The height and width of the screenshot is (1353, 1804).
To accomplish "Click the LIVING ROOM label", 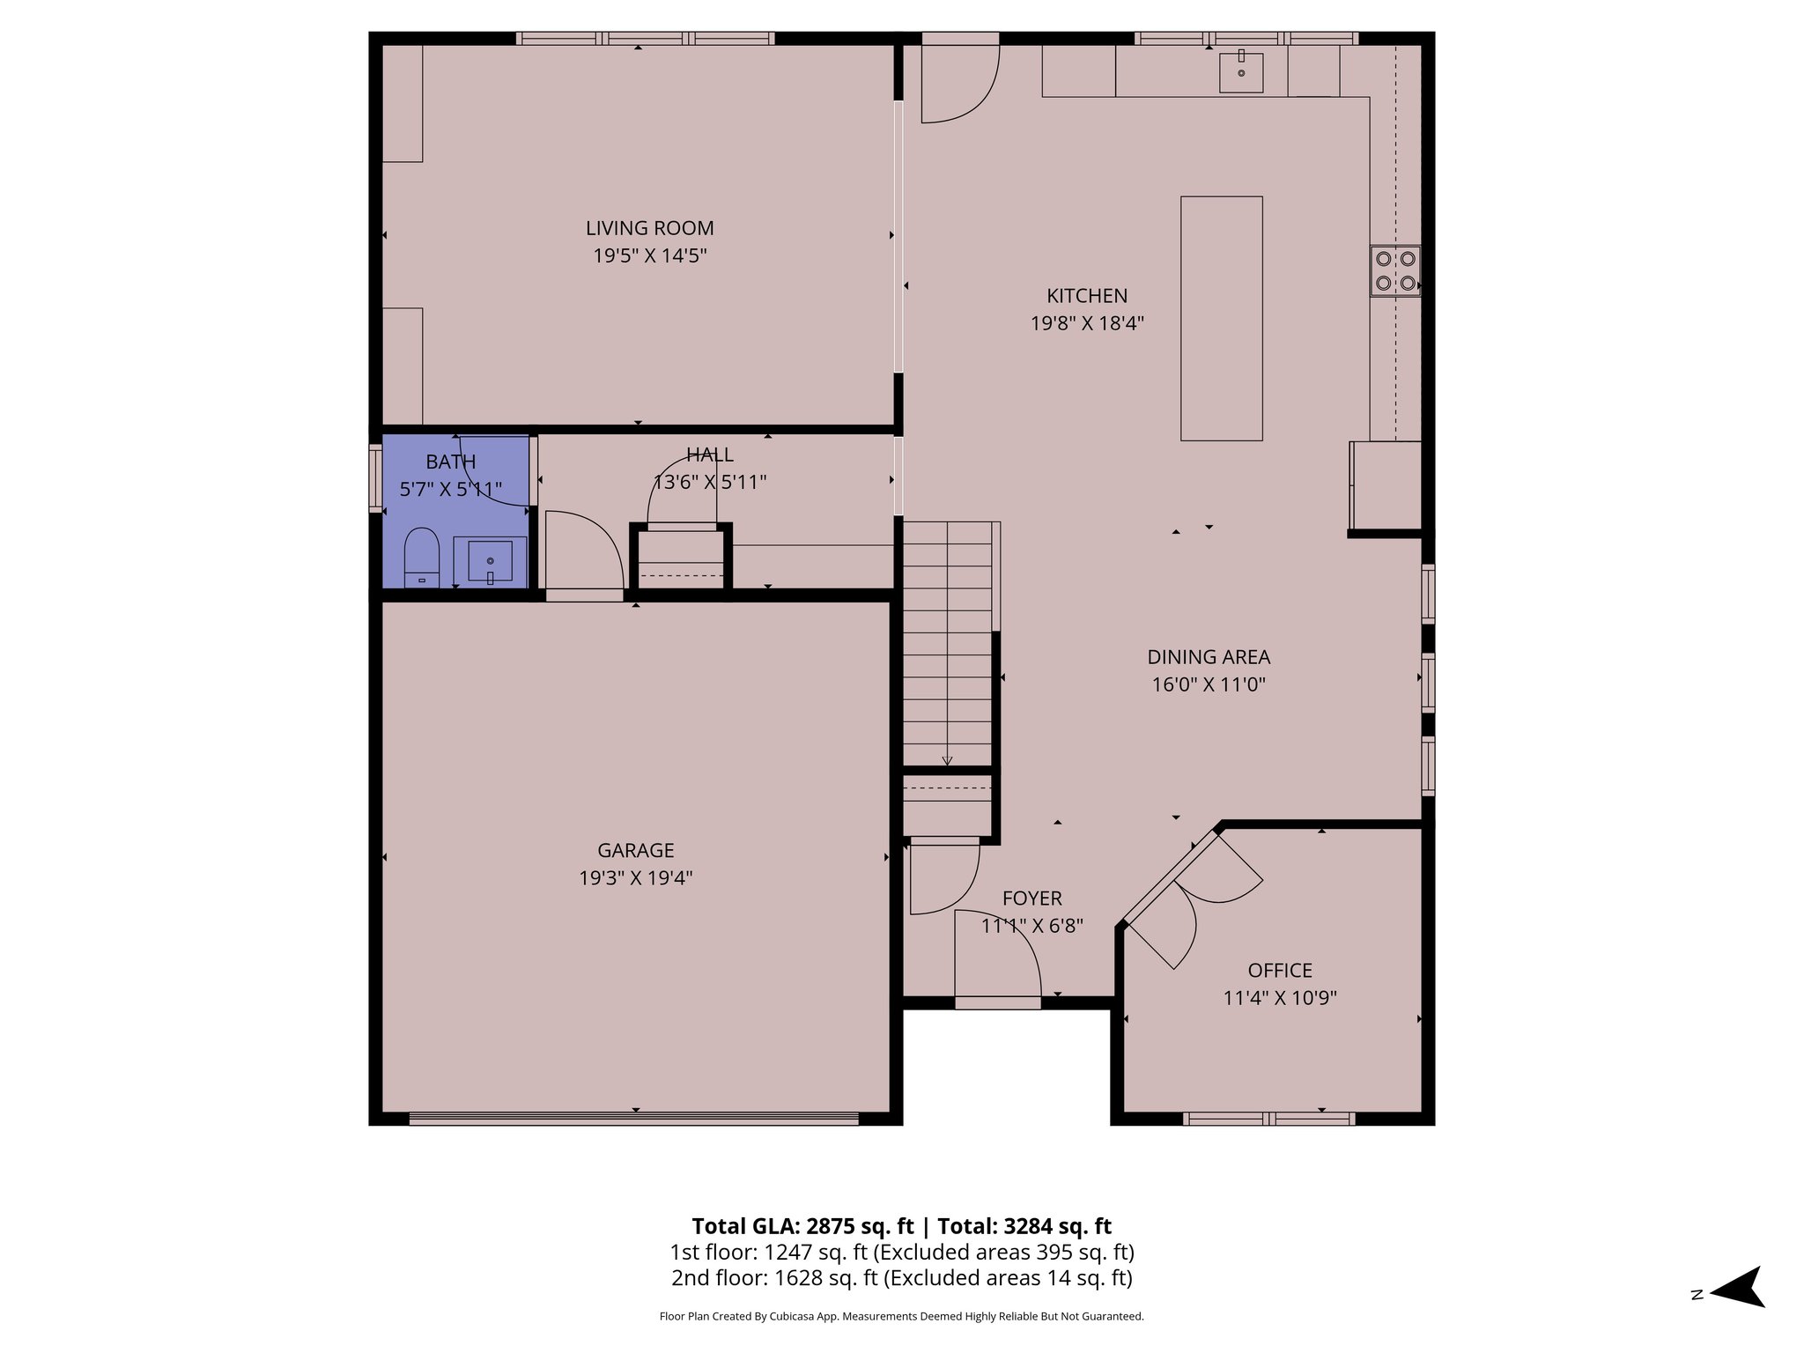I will [649, 228].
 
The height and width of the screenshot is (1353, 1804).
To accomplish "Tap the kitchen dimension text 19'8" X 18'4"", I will [1087, 323].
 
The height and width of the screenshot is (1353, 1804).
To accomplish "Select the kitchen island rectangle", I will [1221, 318].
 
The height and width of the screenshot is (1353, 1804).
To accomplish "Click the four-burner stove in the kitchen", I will [1395, 271].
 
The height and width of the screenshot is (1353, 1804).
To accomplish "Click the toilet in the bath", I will [421, 558].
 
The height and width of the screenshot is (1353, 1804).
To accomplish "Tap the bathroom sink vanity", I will [491, 561].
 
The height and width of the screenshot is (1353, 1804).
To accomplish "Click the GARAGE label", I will [635, 850].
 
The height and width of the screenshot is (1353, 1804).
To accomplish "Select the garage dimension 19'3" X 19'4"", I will [635, 878].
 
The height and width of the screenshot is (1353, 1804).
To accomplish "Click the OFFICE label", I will [1279, 971].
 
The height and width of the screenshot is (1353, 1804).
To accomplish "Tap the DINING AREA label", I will [1208, 657].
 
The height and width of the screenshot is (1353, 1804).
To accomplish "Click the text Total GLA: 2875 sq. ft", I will [802, 1226].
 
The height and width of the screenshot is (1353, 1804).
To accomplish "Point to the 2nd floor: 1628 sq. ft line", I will [901, 1278].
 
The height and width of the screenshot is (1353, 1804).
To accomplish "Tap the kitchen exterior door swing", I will [958, 84].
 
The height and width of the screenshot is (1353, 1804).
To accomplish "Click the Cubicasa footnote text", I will [901, 1317].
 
